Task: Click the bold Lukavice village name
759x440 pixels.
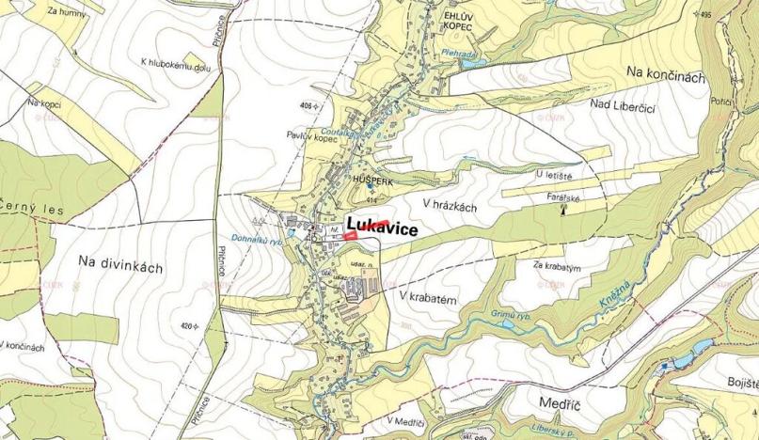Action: click(381, 227)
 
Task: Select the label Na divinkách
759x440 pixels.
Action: click(120, 266)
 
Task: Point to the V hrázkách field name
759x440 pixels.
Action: click(457, 204)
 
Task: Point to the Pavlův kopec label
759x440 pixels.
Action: click(311, 136)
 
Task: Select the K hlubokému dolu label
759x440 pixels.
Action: click(179, 63)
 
